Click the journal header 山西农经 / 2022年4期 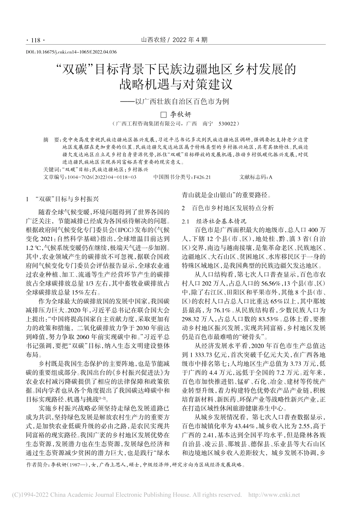[x=174, y=39]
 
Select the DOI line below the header [x=70, y=52]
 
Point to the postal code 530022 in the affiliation [x=228, y=124]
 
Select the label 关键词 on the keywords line [x=51, y=170]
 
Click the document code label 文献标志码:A [x=256, y=177]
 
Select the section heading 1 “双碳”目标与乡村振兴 [x=61, y=198]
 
